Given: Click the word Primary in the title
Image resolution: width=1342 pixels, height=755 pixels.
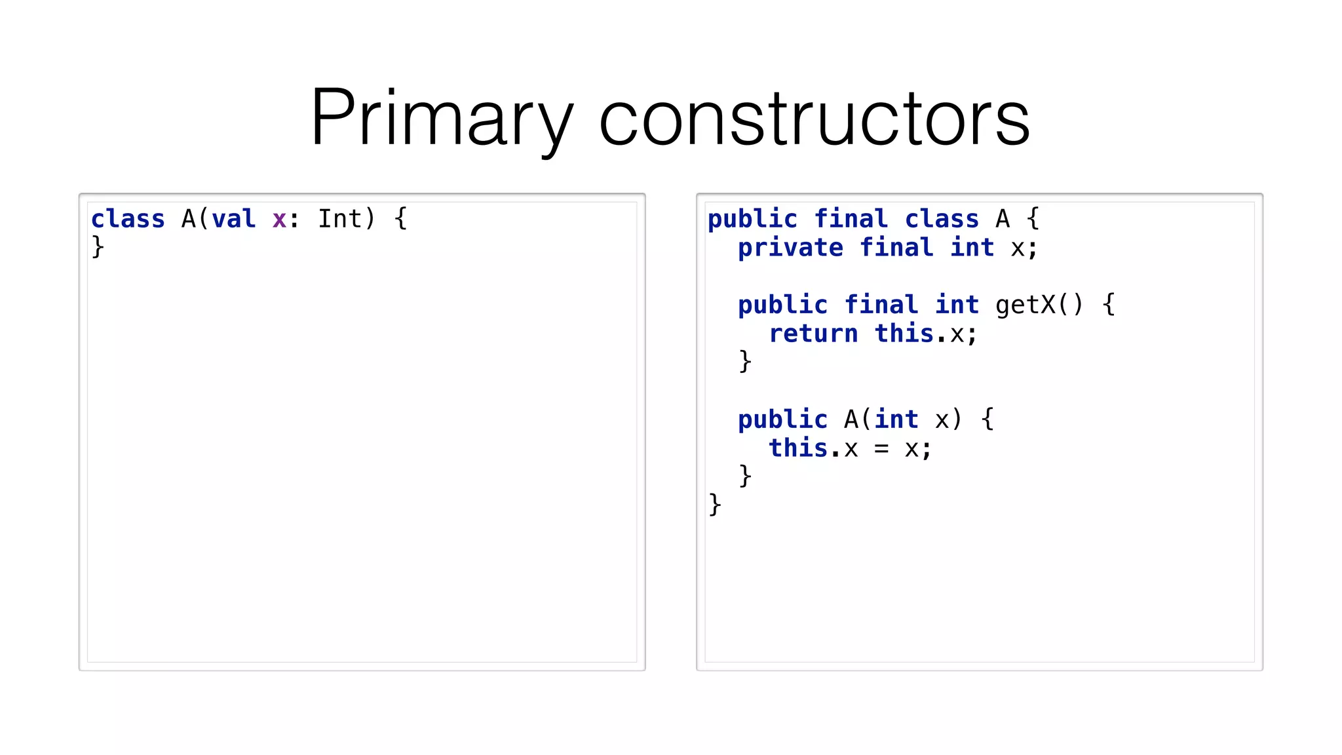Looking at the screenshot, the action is [442, 118].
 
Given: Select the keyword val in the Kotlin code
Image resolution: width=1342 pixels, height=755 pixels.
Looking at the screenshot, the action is [233, 219].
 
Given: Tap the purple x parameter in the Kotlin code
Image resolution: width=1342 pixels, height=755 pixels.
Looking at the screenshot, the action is [279, 220].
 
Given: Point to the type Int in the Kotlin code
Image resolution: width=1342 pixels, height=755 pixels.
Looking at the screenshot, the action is [339, 219].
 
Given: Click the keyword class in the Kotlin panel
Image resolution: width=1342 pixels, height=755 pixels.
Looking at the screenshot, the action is [128, 219].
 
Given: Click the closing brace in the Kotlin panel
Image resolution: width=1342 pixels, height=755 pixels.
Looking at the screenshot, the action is [98, 248].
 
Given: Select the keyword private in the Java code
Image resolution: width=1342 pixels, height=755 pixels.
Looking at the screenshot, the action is [790, 248].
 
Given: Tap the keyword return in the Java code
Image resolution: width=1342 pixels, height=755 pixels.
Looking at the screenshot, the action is [813, 334].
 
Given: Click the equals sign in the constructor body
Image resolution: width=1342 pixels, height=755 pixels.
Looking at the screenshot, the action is [881, 449].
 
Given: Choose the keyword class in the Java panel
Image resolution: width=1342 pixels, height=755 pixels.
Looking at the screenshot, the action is [942, 219].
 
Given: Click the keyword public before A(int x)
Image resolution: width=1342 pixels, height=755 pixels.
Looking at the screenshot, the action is [782, 419].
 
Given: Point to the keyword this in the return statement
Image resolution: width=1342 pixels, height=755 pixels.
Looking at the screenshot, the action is [904, 334].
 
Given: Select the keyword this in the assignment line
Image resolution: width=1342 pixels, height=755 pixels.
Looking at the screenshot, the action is [798, 448].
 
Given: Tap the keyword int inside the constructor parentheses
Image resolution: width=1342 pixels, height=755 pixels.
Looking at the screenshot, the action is [896, 419].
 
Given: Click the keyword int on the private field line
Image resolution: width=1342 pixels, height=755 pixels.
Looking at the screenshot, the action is [972, 248].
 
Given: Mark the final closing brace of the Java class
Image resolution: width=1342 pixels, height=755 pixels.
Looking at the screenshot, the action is [715, 505].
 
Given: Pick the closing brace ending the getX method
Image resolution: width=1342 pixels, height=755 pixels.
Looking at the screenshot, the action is [745, 362].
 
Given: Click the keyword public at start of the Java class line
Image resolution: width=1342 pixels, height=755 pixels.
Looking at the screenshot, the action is [752, 219].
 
